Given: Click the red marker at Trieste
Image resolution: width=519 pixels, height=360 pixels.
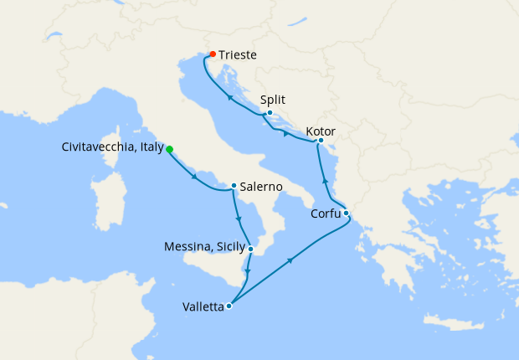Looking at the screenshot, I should point(212,54).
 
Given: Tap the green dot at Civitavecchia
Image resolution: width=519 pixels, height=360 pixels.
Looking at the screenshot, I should point(170,149).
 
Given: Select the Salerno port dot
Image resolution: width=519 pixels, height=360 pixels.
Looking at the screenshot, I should point(234,186).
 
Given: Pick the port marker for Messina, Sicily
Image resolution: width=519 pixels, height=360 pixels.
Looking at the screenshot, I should point(251,248).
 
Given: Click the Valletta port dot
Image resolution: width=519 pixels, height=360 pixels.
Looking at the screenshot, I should point(229,306).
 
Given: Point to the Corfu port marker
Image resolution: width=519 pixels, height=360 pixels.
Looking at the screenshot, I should point(346,213).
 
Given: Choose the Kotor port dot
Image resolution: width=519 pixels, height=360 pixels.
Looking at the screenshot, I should point(321,141).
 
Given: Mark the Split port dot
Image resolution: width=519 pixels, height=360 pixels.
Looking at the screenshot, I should point(270,112).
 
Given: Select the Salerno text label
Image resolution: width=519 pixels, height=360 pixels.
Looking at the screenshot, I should point(260,187).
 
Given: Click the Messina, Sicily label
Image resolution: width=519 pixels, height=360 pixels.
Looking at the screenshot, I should point(204,247).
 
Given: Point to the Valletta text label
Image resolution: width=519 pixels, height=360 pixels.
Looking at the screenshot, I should point(203,306).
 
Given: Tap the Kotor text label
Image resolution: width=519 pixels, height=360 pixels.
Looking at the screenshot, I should point(322,131).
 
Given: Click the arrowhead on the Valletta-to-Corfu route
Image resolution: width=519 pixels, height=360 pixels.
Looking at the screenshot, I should point(290,261).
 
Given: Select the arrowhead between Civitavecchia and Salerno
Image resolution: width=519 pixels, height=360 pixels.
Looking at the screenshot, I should point(194,176).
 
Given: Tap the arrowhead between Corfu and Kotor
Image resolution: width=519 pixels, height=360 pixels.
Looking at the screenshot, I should point(326,180).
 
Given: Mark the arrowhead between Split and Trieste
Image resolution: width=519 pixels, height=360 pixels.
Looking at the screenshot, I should point(229,98).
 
